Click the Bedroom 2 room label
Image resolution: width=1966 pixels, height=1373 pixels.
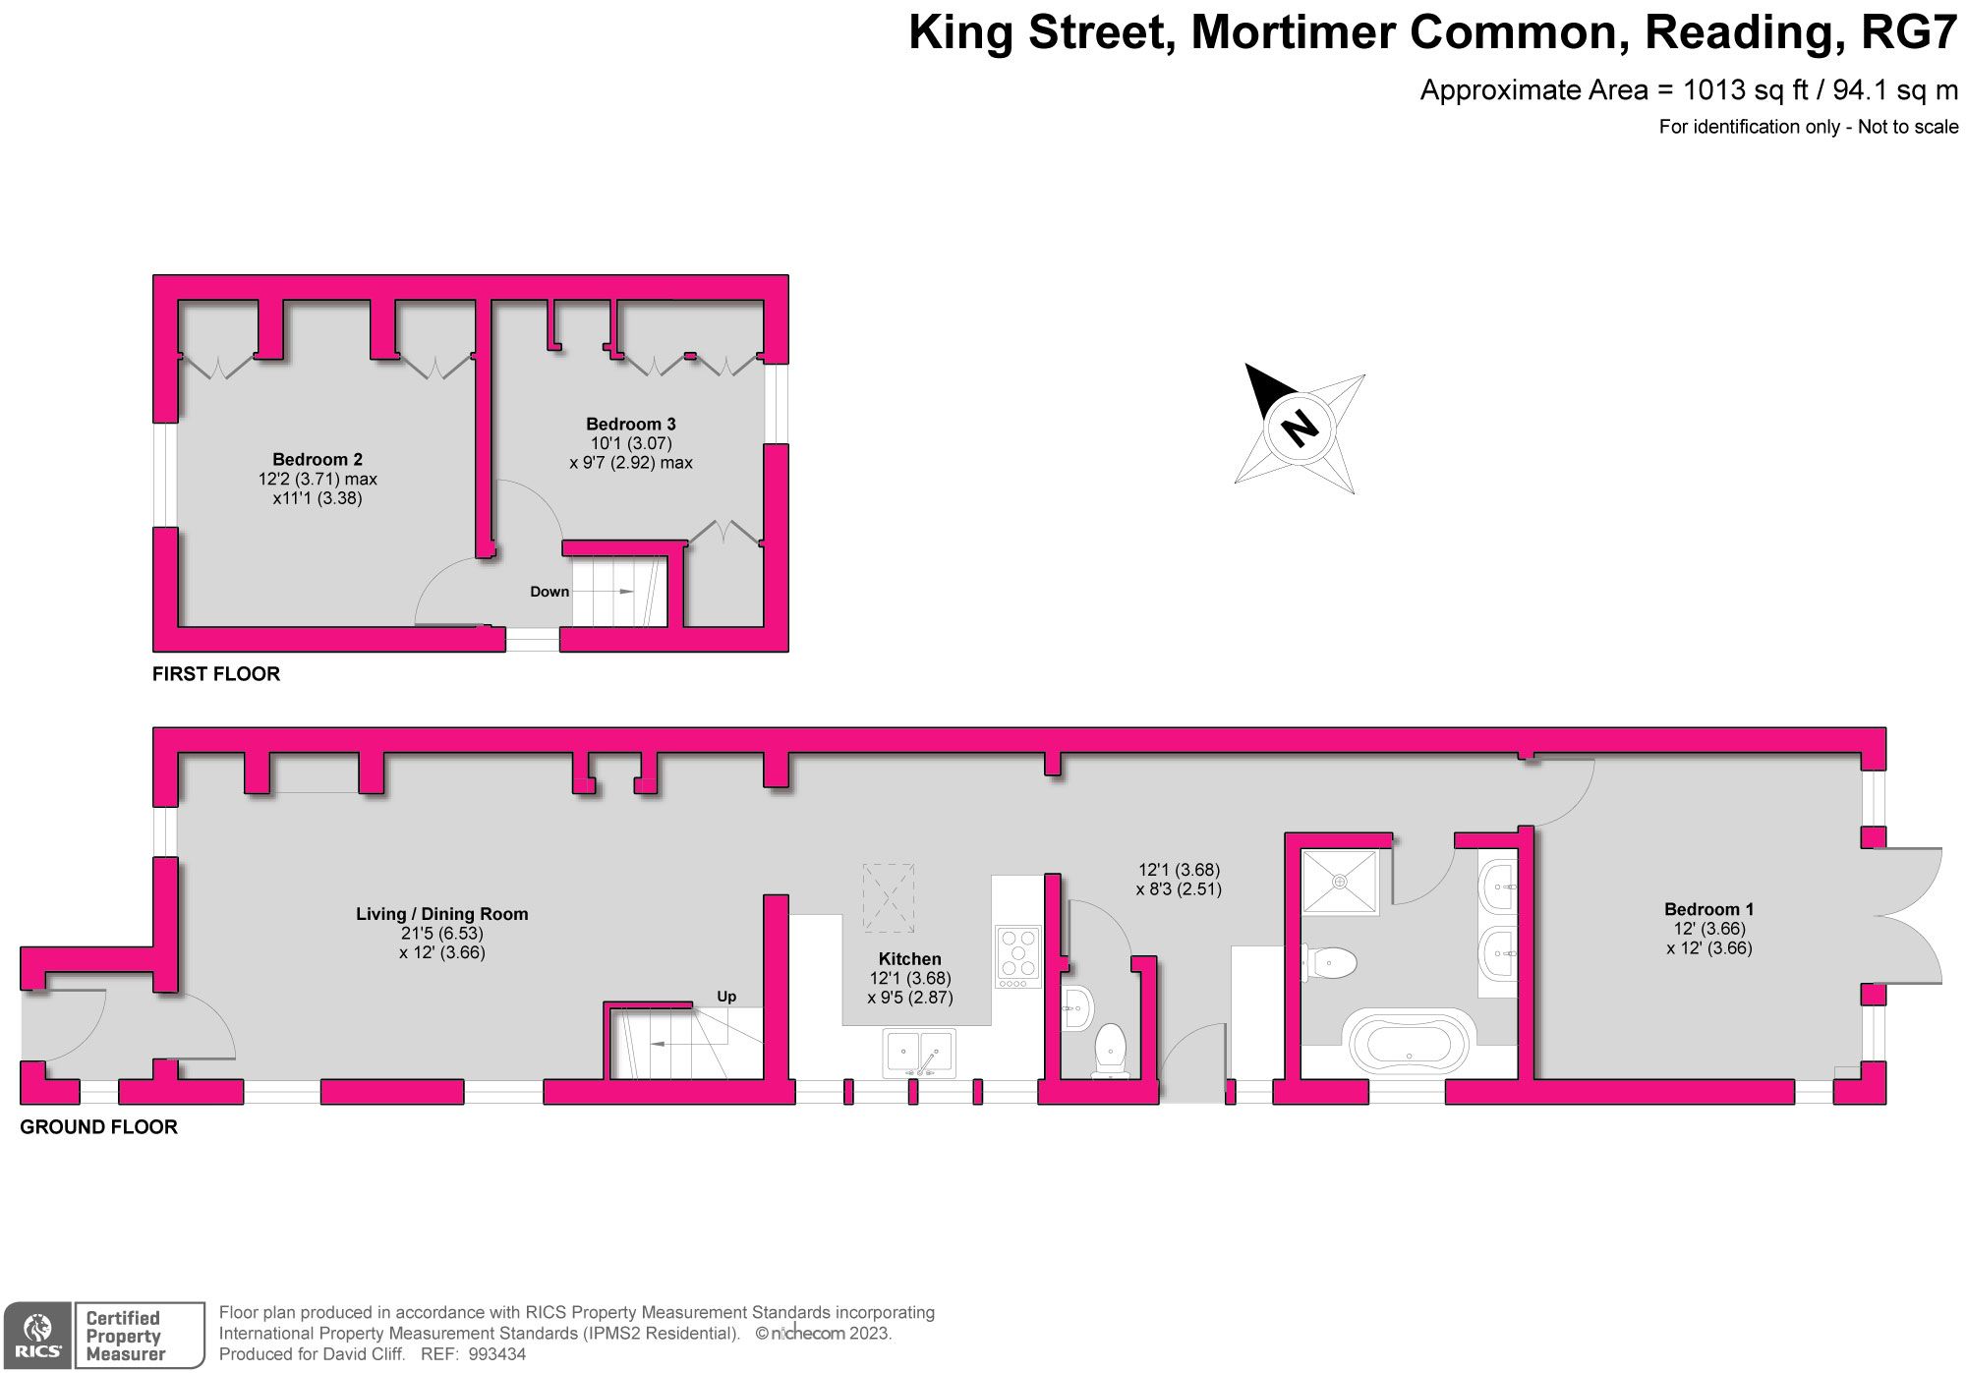(x=317, y=459)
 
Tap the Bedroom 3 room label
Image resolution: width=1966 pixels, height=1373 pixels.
(x=630, y=424)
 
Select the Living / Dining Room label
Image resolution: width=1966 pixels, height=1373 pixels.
(x=441, y=914)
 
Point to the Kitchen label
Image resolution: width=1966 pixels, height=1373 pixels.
(x=909, y=959)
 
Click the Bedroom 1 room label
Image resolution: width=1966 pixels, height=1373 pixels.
(x=1708, y=909)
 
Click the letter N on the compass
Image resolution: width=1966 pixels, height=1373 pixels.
(x=1300, y=428)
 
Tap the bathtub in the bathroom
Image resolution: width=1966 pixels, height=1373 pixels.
(x=1409, y=1042)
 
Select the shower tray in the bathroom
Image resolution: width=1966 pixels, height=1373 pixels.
(x=1340, y=882)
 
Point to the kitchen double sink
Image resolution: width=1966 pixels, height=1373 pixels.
(x=919, y=1053)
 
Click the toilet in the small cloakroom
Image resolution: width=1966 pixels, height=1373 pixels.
(x=1111, y=1047)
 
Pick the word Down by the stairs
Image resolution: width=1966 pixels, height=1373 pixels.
(x=549, y=592)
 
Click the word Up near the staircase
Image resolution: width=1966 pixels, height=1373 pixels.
(x=726, y=997)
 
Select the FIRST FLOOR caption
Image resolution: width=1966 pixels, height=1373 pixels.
(x=216, y=674)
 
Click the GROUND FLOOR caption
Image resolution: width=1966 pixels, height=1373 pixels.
(x=99, y=1127)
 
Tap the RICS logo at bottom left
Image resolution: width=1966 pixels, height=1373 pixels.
(x=37, y=1335)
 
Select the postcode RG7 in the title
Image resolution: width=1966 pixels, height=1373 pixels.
(x=1910, y=33)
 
